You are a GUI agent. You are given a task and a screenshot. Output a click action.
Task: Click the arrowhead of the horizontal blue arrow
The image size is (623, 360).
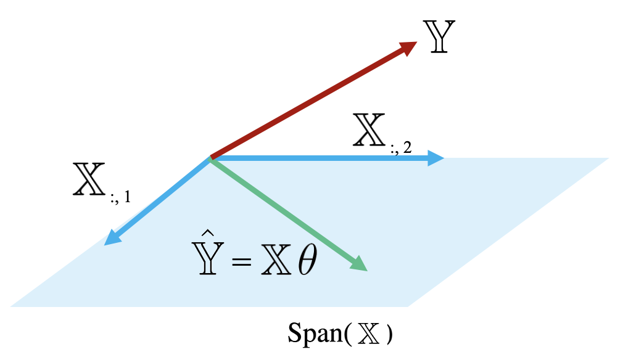coord(436,158)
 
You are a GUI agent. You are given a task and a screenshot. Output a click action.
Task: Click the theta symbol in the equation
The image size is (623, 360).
coord(306,263)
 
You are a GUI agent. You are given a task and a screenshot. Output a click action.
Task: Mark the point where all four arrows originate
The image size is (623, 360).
coord(212,158)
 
